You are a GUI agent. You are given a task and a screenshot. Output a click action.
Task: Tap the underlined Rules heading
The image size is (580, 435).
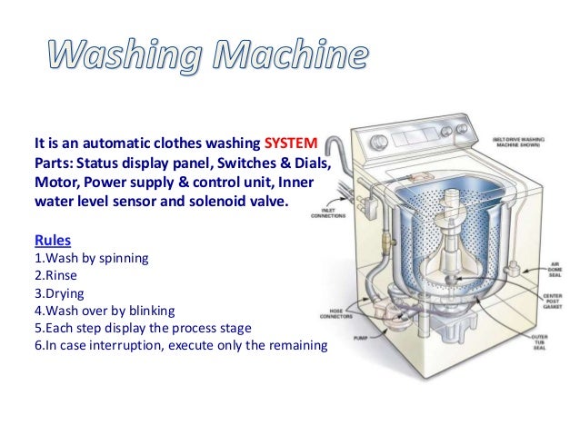pyautogui.click(x=51, y=241)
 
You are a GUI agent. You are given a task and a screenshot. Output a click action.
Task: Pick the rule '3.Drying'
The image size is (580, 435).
pyautogui.click(x=60, y=292)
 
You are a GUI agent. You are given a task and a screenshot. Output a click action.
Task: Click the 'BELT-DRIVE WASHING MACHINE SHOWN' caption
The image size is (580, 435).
pyautogui.click(x=523, y=144)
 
